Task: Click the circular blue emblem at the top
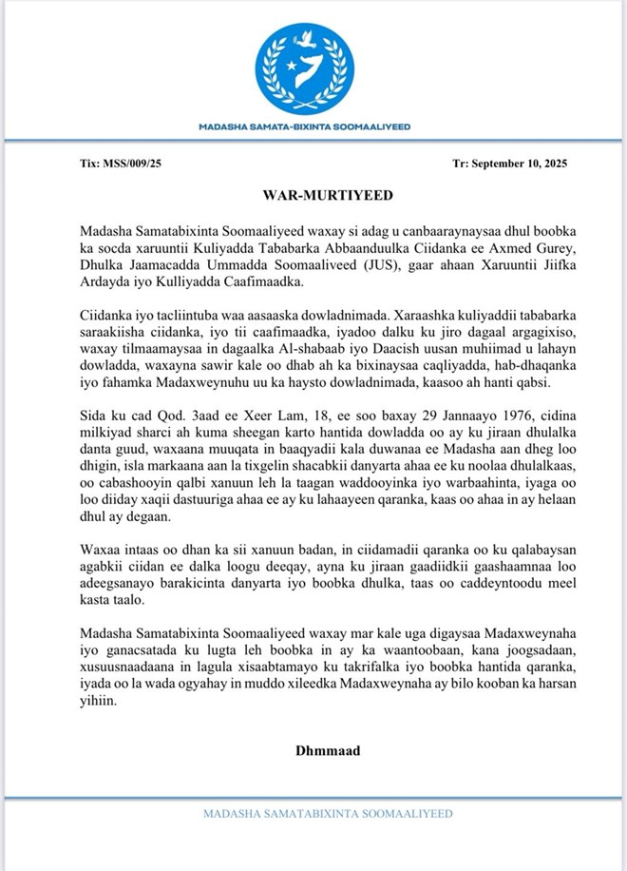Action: click(313, 66)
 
